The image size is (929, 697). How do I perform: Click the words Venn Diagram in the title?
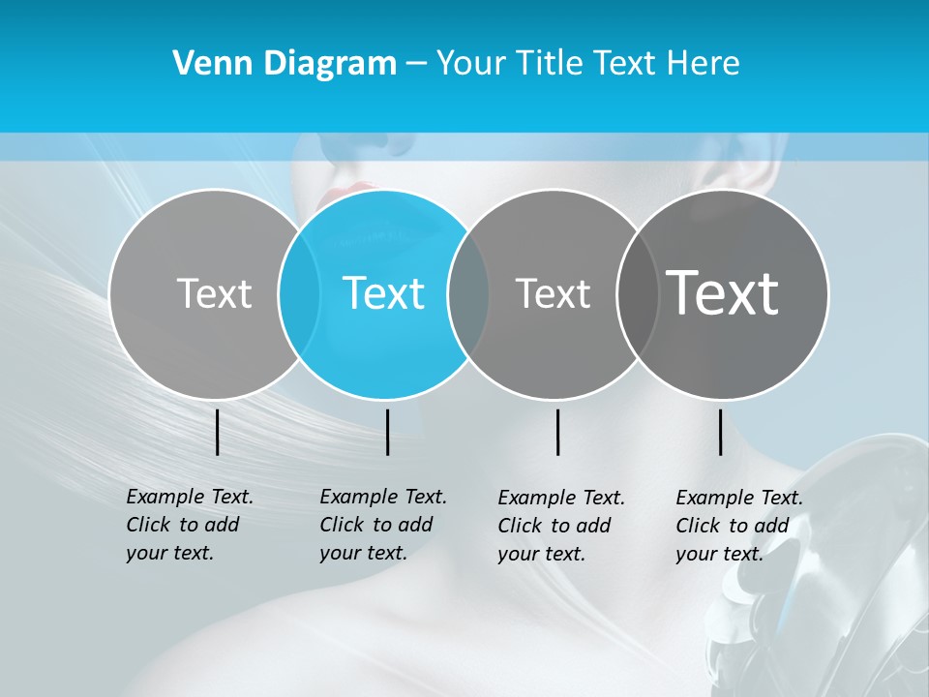(x=285, y=64)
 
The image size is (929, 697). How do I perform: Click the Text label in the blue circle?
(x=384, y=293)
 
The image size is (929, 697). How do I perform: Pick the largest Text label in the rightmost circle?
(x=723, y=292)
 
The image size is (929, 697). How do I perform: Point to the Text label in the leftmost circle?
(x=214, y=293)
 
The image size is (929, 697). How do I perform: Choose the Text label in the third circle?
(x=553, y=293)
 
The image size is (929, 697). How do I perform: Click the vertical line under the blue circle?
(x=387, y=432)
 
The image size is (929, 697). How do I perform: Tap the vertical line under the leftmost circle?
(x=218, y=432)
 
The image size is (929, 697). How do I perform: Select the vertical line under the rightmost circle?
(x=720, y=432)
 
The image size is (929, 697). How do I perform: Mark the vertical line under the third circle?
(x=558, y=432)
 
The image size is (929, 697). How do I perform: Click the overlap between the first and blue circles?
(x=299, y=293)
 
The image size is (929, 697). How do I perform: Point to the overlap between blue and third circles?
(x=468, y=293)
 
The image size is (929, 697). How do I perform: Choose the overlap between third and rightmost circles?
(x=637, y=293)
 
